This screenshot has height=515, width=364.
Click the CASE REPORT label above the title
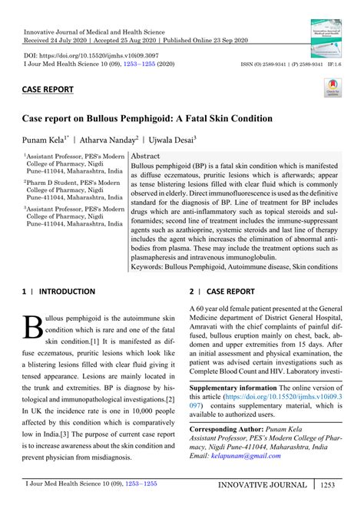(x=48, y=89)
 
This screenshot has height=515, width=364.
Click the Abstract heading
(x=146, y=155)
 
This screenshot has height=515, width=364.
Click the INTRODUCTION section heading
(x=67, y=292)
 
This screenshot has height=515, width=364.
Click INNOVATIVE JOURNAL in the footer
(x=263, y=507)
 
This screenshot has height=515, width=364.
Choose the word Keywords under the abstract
(x=152, y=267)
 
